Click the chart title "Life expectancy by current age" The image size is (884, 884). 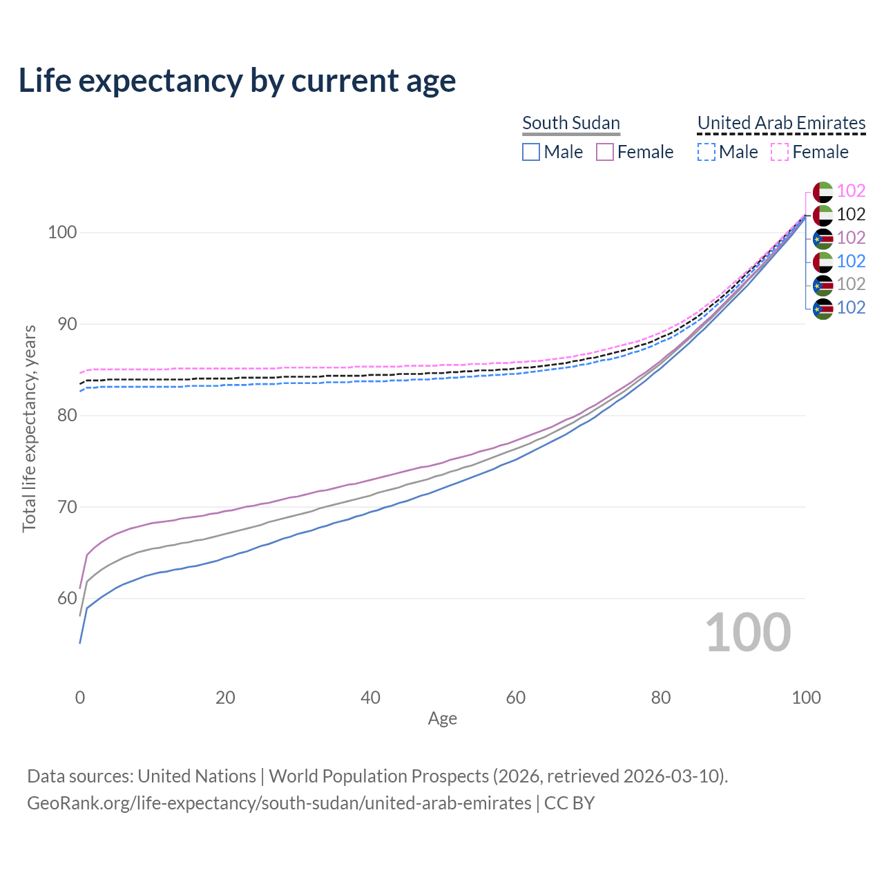tap(237, 81)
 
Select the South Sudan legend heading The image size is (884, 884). tap(571, 123)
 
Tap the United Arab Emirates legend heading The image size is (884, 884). tap(781, 123)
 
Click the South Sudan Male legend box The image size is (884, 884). tap(530, 152)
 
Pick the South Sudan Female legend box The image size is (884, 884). tap(605, 152)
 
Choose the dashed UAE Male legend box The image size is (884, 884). tap(707, 152)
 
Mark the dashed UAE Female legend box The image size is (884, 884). tap(779, 152)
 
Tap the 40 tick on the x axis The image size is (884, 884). tap(370, 698)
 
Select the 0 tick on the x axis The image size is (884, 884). tap(80, 698)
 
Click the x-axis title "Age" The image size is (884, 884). tap(442, 719)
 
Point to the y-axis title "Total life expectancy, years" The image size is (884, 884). tap(29, 428)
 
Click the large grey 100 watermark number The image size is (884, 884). tap(747, 633)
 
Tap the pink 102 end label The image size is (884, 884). tap(851, 191)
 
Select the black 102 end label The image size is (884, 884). tap(851, 214)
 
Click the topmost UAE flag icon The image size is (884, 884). tap(823, 191)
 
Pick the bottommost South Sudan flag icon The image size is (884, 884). tap(823, 308)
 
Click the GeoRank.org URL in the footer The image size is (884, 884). tap(279, 803)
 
